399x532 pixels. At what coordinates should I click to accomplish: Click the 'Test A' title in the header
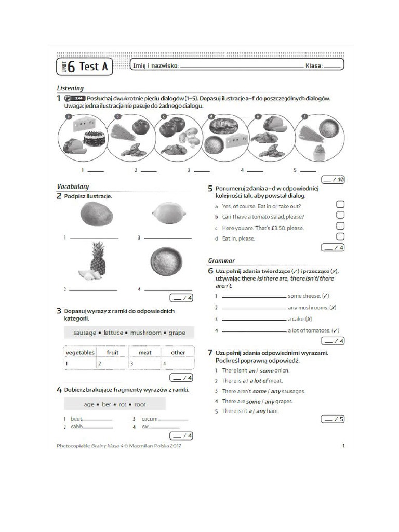tap(94, 66)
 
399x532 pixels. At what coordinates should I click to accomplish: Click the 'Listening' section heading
tap(70, 88)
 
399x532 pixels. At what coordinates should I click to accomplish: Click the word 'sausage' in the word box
tap(85, 332)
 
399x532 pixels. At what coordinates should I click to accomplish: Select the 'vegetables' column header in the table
tap(80, 352)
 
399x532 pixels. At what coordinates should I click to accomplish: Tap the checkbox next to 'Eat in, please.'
tap(340, 237)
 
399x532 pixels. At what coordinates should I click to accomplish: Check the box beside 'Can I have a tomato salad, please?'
tap(340, 215)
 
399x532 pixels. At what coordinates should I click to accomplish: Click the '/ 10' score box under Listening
tap(334, 180)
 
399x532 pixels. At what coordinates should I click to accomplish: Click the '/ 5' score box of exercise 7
tap(332, 419)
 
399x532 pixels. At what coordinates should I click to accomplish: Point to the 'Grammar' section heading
tap(221, 261)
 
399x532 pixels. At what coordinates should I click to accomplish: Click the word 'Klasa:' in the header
tap(314, 66)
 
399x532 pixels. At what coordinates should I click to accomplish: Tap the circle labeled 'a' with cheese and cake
tap(82, 137)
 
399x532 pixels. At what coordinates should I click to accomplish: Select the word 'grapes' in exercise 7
tap(284, 401)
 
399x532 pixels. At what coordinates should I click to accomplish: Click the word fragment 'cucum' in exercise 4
tap(150, 419)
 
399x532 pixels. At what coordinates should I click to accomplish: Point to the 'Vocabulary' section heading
tap(73, 187)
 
